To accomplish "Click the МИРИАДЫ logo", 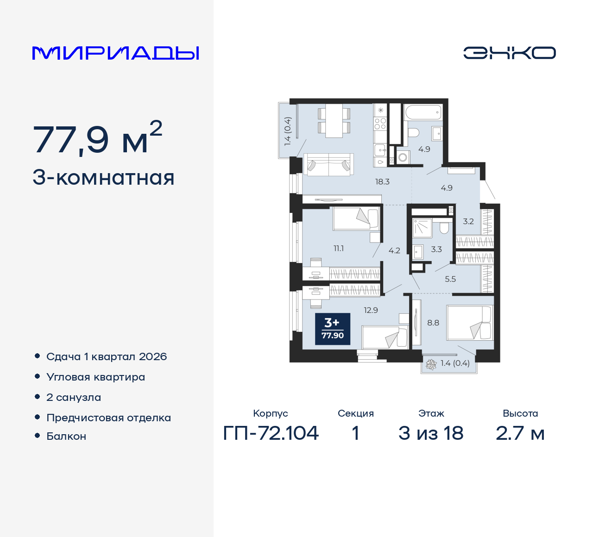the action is (115, 53).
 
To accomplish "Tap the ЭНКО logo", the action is (509, 53).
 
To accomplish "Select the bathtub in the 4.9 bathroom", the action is (423, 112).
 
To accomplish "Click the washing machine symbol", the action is (403, 157).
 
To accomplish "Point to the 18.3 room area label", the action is (382, 181).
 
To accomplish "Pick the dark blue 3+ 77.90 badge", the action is (333, 329).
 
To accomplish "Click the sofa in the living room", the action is (329, 164).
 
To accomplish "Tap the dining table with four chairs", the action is (334, 121).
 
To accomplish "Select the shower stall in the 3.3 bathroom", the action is (423, 228).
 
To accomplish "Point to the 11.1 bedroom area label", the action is (339, 249).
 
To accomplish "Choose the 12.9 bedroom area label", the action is (371, 310).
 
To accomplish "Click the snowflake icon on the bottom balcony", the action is (431, 364).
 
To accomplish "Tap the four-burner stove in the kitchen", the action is (380, 124).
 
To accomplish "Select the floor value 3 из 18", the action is (431, 433).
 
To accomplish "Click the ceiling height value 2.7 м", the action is (520, 433).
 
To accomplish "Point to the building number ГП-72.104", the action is (271, 433).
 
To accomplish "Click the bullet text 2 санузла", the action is (74, 398).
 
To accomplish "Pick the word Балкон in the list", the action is (66, 436).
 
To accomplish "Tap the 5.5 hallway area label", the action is (450, 279).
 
